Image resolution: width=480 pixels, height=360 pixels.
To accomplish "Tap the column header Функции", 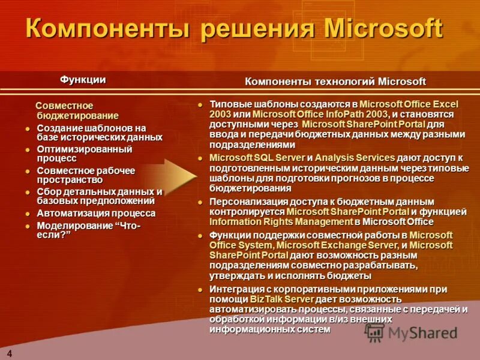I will pyautogui.click(x=83, y=79).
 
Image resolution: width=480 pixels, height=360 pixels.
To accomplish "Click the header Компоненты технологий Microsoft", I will pyautogui.click(x=335, y=82).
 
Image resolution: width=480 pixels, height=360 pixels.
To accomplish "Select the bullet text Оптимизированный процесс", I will pyautogui.click(x=84, y=153).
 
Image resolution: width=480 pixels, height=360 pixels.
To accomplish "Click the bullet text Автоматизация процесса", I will pyautogui.click(x=96, y=213).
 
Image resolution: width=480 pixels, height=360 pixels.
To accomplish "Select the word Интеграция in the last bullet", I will pyautogui.click(x=234, y=289).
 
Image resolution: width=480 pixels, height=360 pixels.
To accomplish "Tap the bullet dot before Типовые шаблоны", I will pyautogui.click(x=202, y=104).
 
